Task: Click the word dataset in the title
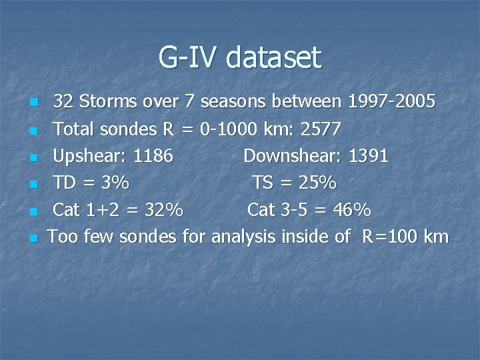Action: (x=273, y=57)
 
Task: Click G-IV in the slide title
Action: (x=189, y=57)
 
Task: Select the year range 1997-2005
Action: (x=391, y=101)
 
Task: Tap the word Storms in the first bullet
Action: (x=108, y=101)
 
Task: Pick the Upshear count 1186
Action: (x=153, y=156)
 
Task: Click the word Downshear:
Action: (x=290, y=156)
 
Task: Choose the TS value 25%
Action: (x=315, y=183)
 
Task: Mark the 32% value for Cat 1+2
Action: (x=163, y=210)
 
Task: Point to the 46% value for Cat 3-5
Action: (x=352, y=210)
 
